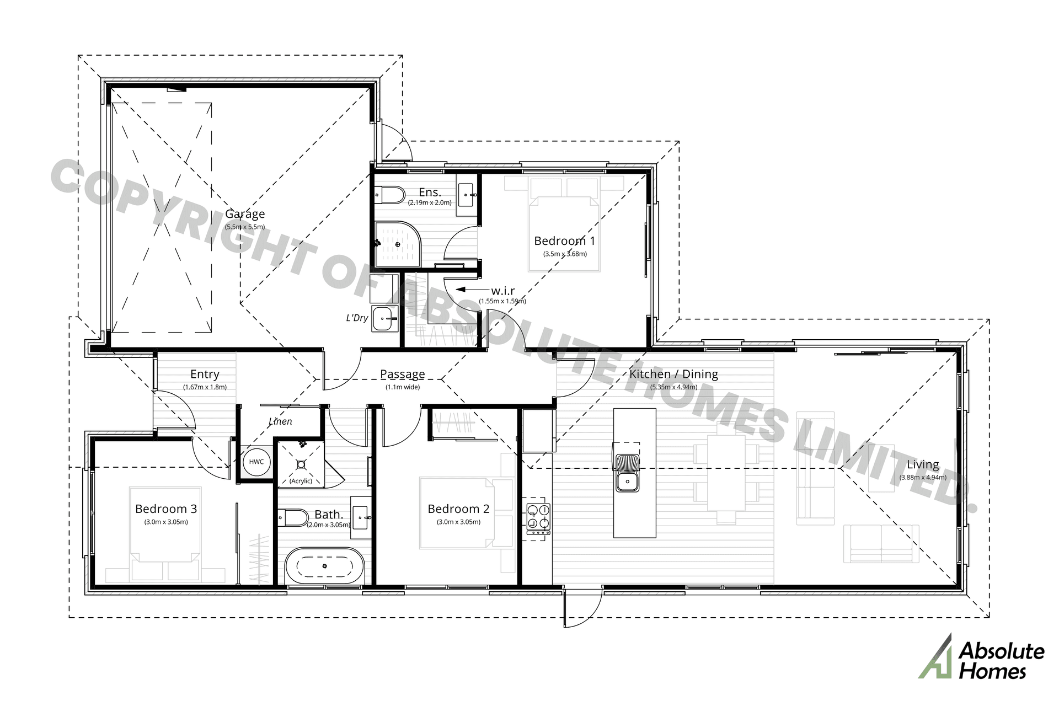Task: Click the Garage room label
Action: pos(245,214)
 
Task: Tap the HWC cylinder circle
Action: pos(256,462)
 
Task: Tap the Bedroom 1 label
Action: pos(565,241)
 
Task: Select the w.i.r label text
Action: pos(503,291)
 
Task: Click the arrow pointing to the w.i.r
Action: pos(469,289)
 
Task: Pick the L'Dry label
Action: pos(357,318)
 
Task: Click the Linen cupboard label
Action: pos(280,421)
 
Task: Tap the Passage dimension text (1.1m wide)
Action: pos(403,387)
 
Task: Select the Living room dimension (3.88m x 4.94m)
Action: pos(923,478)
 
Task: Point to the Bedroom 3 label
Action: pos(166,509)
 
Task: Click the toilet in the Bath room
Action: pos(294,518)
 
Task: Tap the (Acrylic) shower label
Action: pos(301,481)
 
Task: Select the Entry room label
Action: pos(205,375)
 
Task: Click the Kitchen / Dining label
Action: pos(673,374)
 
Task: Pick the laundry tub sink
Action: pos(384,319)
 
